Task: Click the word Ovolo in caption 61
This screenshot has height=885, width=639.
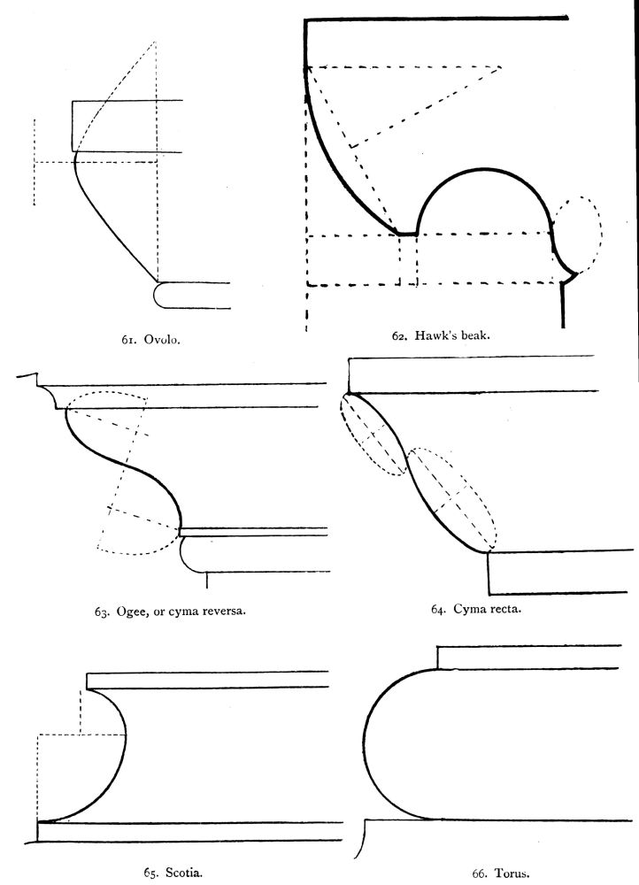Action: (x=163, y=339)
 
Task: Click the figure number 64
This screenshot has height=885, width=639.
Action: (x=438, y=608)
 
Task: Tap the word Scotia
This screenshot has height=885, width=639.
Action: (x=184, y=872)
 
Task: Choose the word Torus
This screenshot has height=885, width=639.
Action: (x=512, y=873)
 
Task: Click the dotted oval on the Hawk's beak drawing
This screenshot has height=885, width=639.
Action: (x=577, y=232)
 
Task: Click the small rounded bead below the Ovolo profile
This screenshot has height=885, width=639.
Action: (x=164, y=295)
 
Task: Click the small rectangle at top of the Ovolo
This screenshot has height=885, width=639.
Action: (x=115, y=126)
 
